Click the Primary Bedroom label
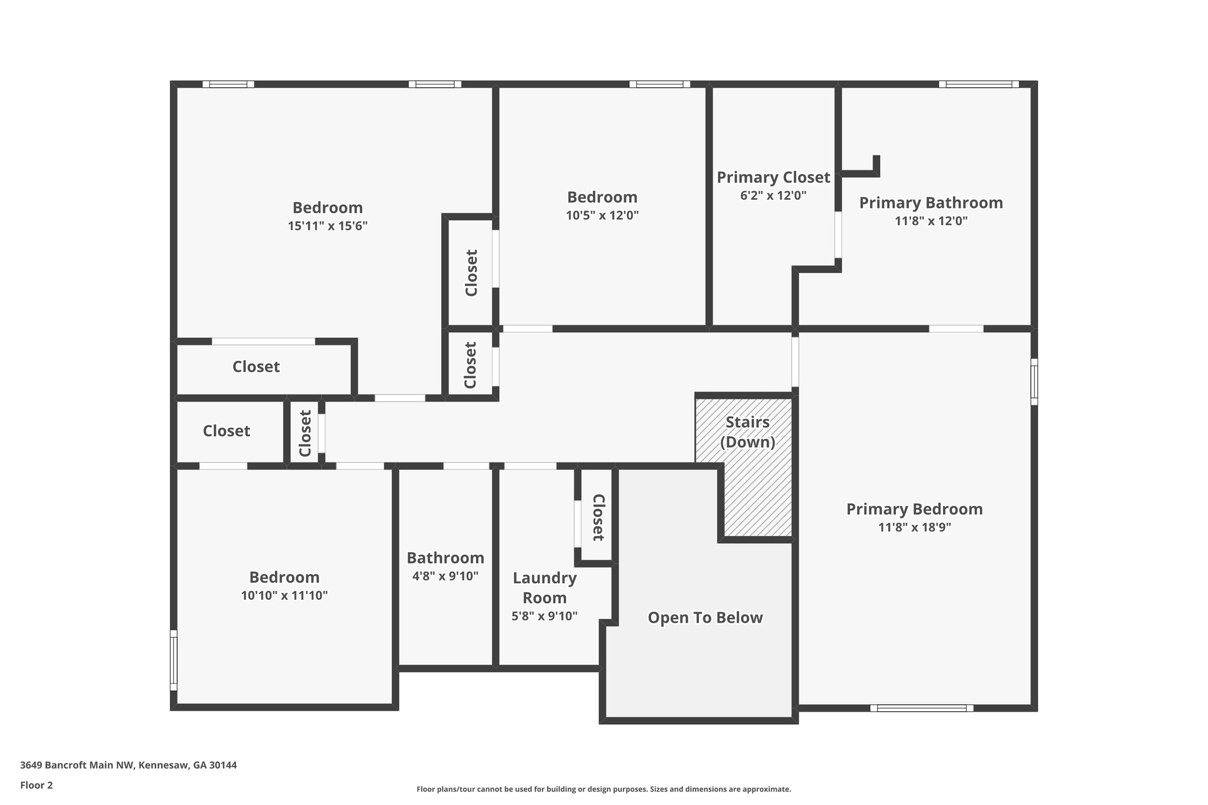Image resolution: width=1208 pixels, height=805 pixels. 914,510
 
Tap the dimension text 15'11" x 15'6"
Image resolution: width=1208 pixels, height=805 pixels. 327,226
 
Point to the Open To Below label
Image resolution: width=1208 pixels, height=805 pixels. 705,617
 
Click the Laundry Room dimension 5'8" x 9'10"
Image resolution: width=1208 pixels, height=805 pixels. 544,616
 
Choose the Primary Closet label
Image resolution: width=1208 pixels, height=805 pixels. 773,178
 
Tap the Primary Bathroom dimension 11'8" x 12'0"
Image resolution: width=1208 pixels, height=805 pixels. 931,221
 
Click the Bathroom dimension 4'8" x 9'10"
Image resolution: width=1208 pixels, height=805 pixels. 445,576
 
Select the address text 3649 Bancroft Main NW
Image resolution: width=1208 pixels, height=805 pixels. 78,765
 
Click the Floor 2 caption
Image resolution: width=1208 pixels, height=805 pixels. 37,785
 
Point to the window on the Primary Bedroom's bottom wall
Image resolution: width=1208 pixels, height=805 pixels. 921,708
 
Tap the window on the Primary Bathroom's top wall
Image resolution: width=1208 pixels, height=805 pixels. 979,84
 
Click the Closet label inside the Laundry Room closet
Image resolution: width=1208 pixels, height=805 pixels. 598,517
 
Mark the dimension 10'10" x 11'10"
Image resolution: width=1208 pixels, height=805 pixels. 284,596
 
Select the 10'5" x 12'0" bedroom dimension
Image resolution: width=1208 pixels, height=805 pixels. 602,215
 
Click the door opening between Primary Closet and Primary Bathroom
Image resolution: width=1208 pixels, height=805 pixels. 838,235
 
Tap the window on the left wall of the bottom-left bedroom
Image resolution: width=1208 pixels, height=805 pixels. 173,660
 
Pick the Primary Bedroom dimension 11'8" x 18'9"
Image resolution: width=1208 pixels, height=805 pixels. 914,527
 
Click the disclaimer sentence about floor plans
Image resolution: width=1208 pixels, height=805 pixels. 603,789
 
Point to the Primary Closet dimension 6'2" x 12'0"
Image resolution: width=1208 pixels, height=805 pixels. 773,196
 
